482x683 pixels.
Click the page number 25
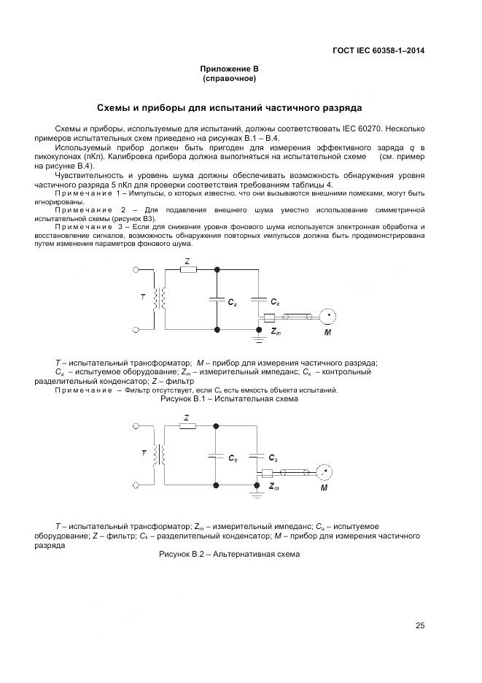tap(420, 625)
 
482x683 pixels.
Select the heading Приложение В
tap(230, 69)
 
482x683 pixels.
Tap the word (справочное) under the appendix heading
tap(230, 77)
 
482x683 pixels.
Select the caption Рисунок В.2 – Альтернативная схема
tap(229, 554)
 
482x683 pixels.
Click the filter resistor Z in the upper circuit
tap(187, 269)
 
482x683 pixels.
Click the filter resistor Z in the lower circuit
tap(187, 426)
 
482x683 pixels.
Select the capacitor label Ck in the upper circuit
tap(273, 301)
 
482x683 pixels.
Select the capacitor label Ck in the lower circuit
tap(232, 459)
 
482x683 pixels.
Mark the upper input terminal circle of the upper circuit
tap(135, 270)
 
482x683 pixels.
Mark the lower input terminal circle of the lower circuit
tap(135, 485)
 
